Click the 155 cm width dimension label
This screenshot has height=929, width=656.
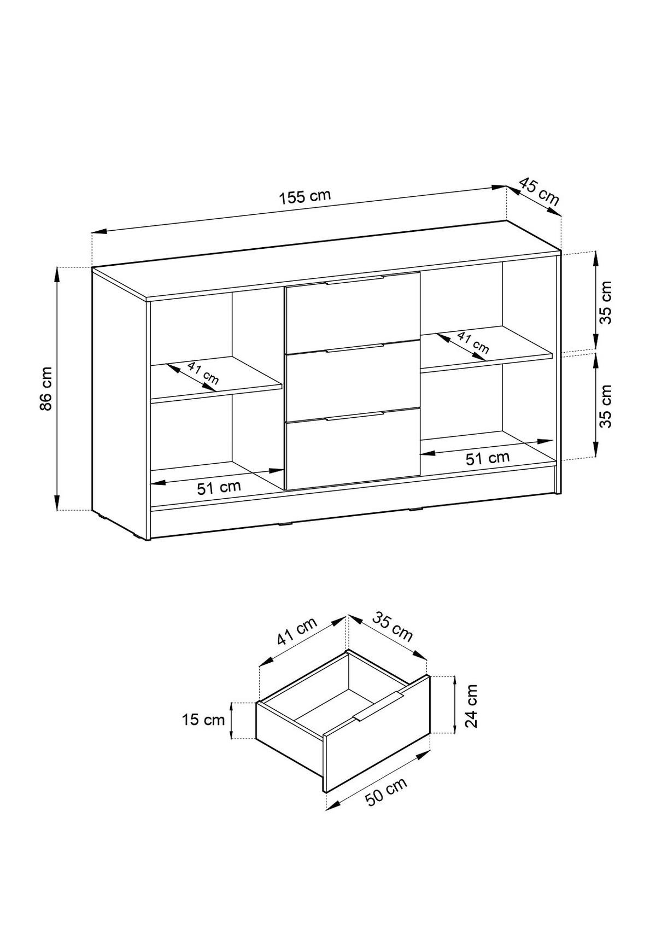[x=305, y=197]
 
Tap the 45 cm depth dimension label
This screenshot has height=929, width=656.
[x=539, y=191]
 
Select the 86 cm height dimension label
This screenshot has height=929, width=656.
[x=46, y=389]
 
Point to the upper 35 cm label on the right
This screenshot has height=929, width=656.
[x=606, y=302]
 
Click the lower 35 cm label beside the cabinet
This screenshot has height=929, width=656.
[x=606, y=406]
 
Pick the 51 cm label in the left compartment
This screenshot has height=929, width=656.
[x=219, y=487]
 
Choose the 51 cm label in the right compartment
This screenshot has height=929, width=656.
[x=487, y=458]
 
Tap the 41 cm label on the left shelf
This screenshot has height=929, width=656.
[x=203, y=372]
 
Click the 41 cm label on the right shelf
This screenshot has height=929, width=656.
[x=473, y=343]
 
